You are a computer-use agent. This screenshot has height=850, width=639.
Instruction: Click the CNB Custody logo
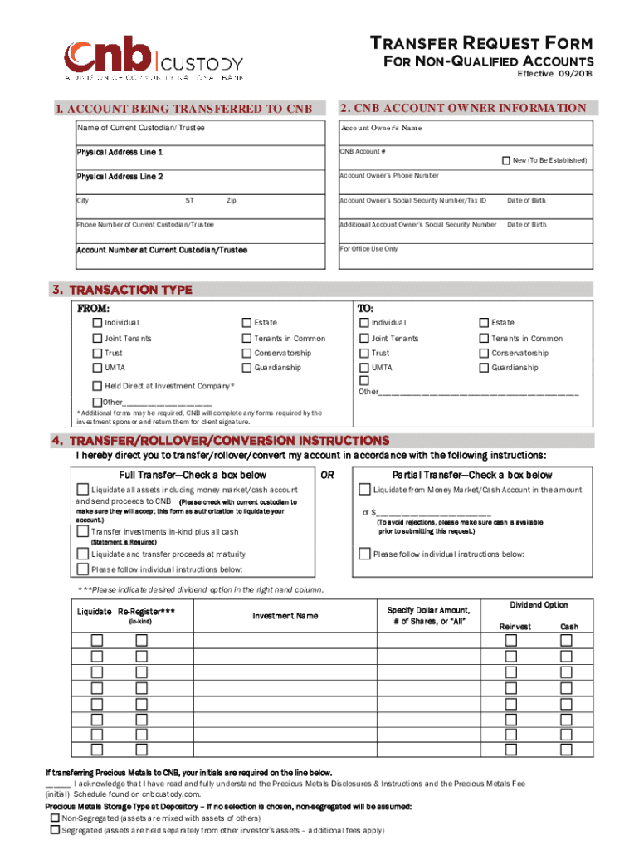[154, 59]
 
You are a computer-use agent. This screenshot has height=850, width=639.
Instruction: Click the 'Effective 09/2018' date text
[555, 75]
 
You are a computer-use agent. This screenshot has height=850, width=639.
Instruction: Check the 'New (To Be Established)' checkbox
[505, 159]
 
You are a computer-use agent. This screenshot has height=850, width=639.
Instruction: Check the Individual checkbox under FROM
[98, 322]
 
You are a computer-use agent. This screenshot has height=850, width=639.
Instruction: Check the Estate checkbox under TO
[485, 322]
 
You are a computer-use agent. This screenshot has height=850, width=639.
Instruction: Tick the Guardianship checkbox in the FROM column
[246, 368]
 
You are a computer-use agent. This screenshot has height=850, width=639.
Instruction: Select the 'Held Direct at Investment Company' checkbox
[98, 386]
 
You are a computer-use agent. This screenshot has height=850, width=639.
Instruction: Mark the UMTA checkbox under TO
[364, 368]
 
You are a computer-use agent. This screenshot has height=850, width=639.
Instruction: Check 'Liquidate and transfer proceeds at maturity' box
[82, 554]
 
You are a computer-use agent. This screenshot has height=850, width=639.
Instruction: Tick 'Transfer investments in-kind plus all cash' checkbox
[82, 531]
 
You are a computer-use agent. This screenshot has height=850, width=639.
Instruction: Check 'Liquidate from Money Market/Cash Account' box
[364, 491]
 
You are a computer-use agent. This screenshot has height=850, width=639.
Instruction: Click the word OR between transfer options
[327, 475]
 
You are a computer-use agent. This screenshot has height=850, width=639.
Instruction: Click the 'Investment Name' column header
[285, 616]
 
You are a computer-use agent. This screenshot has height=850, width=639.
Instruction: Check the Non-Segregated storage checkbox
[55, 818]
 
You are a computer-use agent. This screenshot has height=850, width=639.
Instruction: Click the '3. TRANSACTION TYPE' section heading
[122, 290]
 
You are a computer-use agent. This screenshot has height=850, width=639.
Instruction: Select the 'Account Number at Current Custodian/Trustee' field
[200, 258]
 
